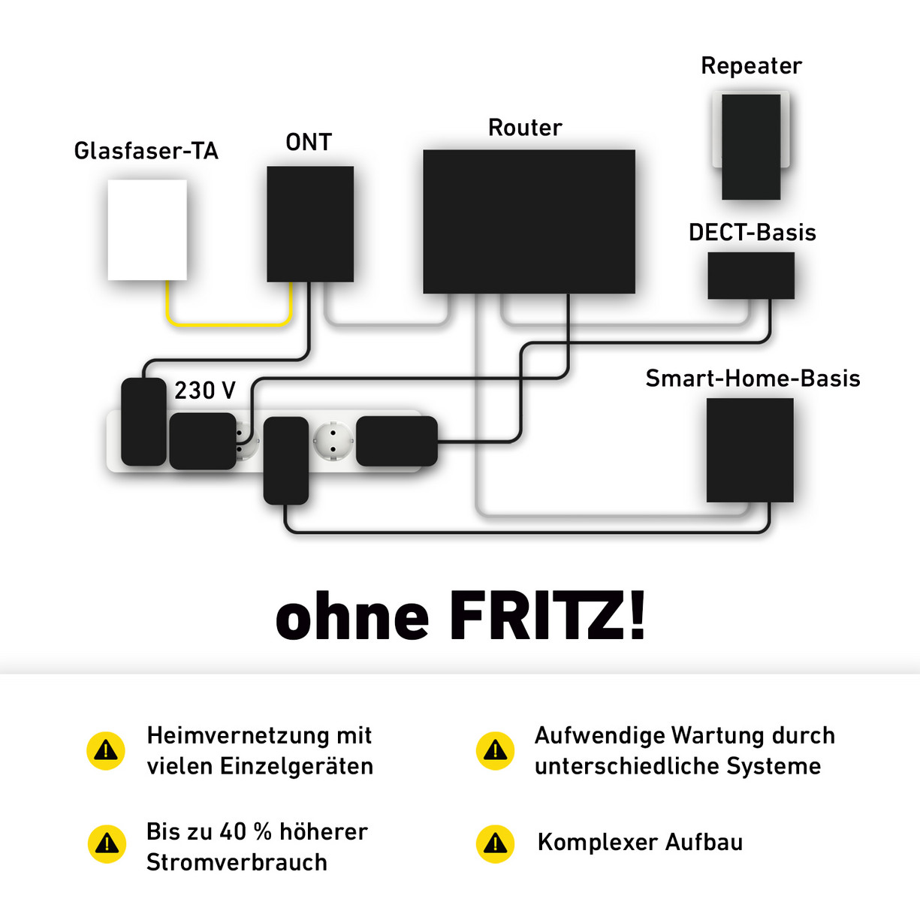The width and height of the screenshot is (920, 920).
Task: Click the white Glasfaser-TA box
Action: coord(147,229)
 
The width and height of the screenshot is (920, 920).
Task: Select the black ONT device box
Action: coord(310,224)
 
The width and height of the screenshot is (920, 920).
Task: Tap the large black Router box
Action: coord(529,221)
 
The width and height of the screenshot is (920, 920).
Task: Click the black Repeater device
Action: coord(751,146)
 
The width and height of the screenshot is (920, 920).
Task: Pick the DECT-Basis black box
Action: coord(751,276)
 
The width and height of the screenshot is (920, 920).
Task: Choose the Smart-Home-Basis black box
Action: coord(750,450)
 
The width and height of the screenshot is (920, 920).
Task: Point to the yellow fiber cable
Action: coord(228,323)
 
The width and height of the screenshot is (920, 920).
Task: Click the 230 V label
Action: coord(205,391)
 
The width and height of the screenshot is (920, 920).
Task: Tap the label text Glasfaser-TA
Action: coord(146,151)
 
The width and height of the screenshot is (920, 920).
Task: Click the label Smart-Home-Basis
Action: coord(753,379)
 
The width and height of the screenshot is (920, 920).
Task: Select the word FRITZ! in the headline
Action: coord(547,617)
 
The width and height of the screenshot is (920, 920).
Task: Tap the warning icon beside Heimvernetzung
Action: coord(106,750)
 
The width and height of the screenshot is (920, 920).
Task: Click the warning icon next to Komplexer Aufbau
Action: coord(496,843)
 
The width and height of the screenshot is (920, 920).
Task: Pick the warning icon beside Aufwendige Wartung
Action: coord(496,750)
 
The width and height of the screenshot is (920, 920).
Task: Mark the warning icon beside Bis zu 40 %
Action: coord(107,844)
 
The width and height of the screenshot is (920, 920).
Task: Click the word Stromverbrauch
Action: coord(237,862)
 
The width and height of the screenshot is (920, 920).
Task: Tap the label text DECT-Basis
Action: coord(752,233)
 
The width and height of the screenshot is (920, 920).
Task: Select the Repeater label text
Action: coord(751,66)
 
